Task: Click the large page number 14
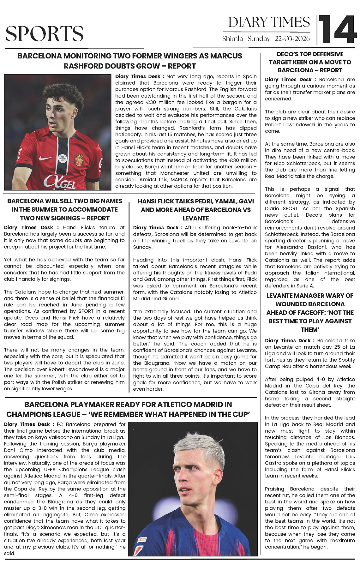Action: point(338,29)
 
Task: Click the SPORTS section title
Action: point(45,34)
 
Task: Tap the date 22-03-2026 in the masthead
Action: point(292,39)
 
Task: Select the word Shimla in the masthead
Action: point(233,39)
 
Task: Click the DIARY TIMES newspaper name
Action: point(269,22)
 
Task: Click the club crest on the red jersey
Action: point(79,160)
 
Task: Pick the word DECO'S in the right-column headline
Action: point(286,54)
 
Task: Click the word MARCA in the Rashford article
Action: point(180,180)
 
